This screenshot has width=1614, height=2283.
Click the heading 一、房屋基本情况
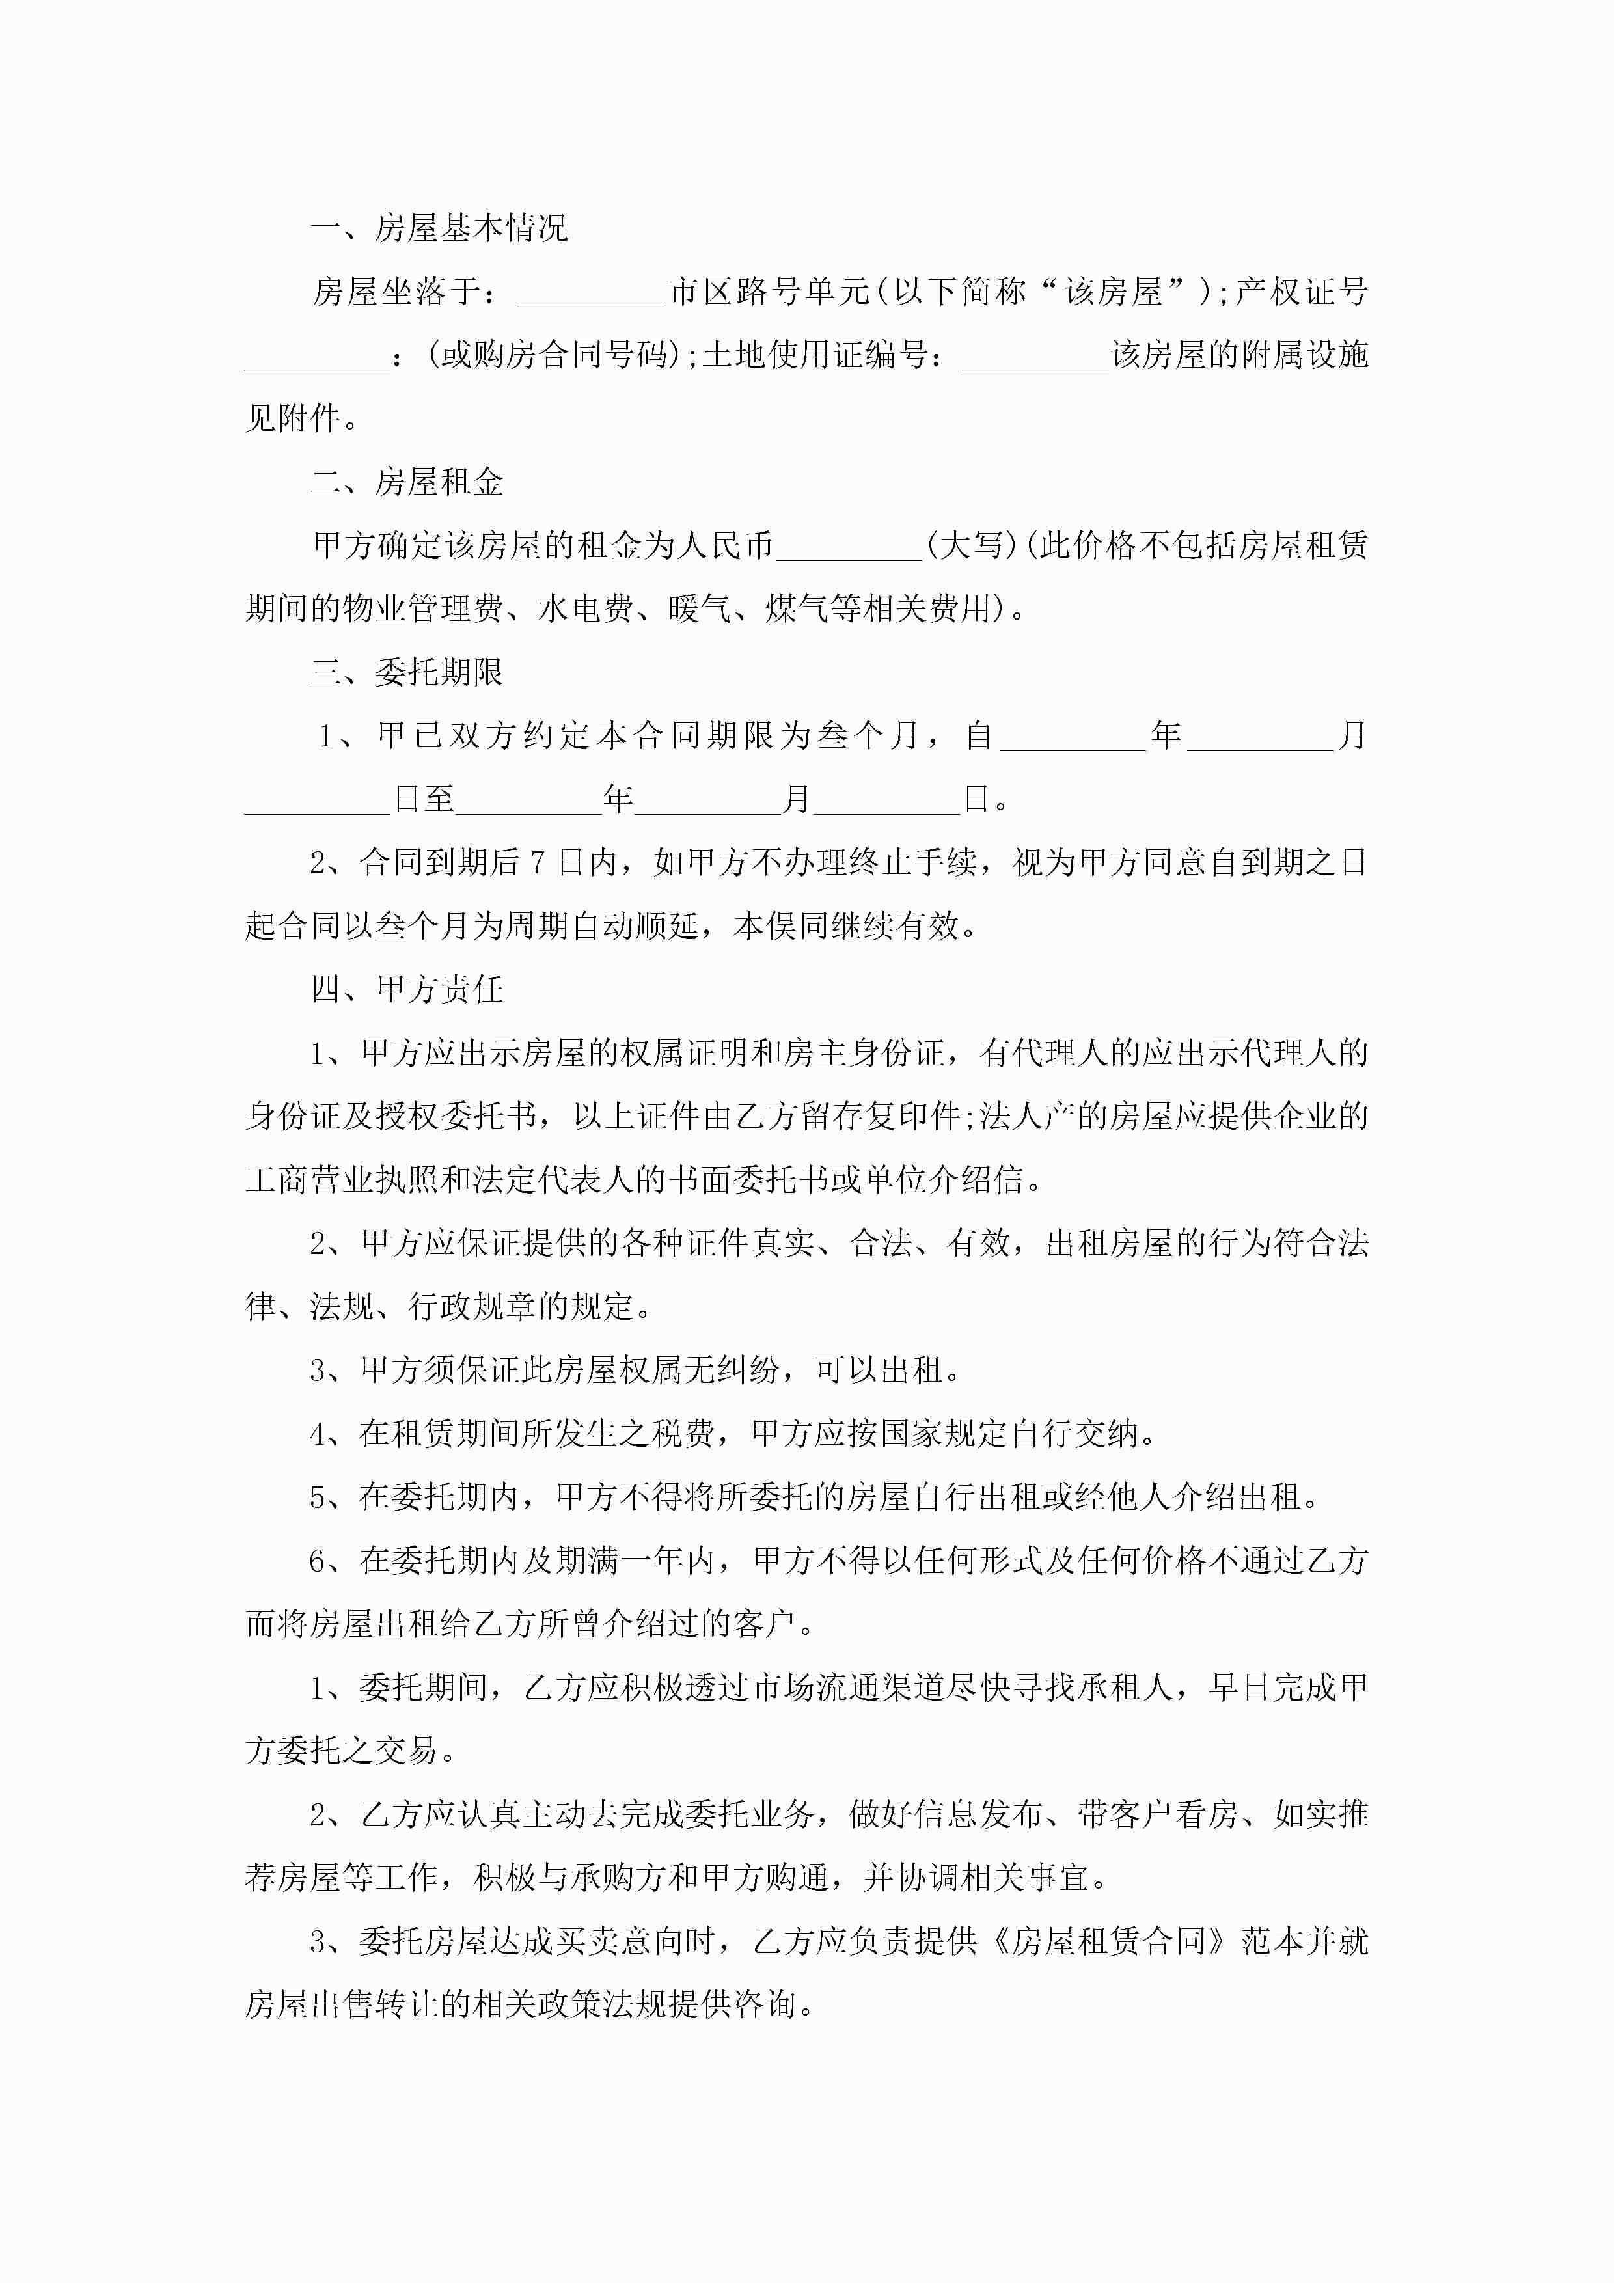[x=439, y=228]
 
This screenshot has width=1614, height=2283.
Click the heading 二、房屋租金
[x=407, y=482]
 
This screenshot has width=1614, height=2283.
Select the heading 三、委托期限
[x=407, y=672]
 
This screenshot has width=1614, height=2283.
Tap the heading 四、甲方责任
[x=407, y=989]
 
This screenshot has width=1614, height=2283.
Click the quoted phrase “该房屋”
[x=1113, y=292]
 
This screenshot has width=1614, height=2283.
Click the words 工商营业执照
[x=341, y=1181]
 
